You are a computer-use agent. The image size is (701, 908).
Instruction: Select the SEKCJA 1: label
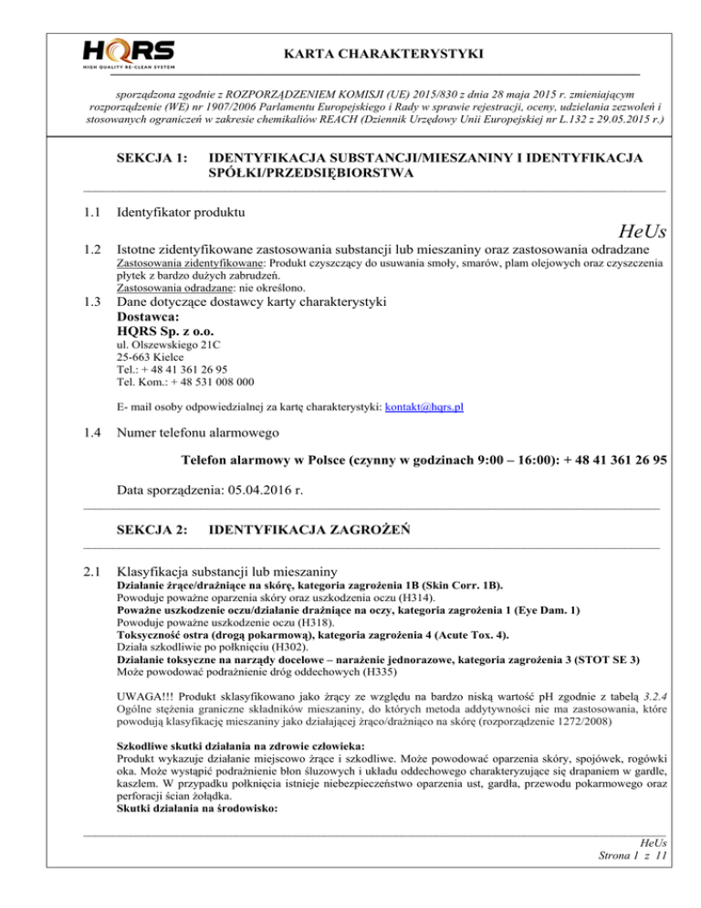[x=152, y=158]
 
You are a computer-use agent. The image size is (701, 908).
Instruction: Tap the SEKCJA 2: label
[x=152, y=529]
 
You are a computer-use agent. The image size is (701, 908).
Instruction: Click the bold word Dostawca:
[x=151, y=317]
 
